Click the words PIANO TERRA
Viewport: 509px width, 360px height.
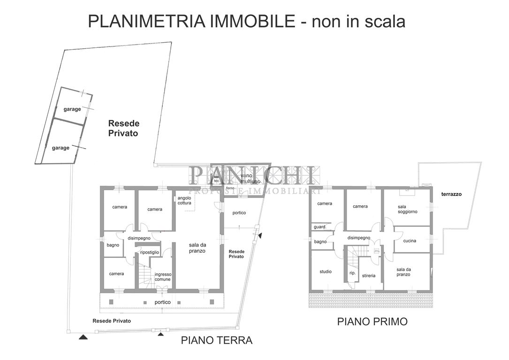(217, 341)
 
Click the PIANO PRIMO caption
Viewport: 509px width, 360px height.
(372, 322)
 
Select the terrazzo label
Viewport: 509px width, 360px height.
(451, 194)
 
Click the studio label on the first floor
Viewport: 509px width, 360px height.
(326, 271)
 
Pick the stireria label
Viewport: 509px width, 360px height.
(369, 276)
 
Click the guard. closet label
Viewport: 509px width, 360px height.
(320, 227)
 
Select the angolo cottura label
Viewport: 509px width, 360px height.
(184, 201)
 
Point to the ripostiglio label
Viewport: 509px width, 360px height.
(150, 252)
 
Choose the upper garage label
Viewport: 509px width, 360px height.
(72, 109)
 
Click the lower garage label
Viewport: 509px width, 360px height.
(61, 148)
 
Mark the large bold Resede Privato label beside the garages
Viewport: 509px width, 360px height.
(124, 128)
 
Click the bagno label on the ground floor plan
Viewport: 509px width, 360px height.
(113, 245)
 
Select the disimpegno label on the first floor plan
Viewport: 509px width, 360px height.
(359, 238)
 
